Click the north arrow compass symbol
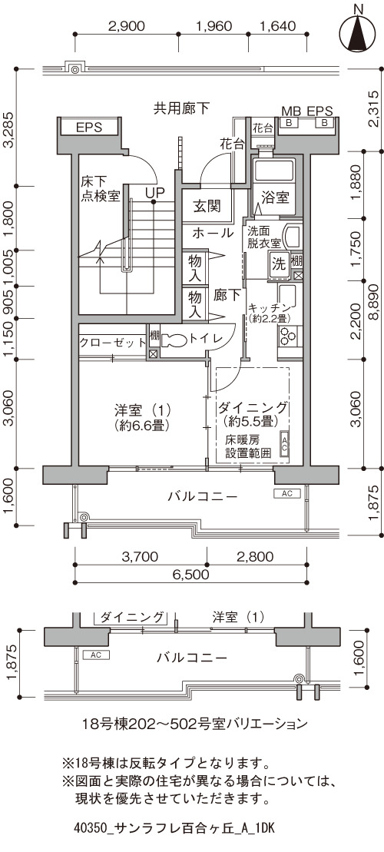click(357, 31)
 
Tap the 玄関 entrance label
click(207, 206)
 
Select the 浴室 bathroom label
click(275, 197)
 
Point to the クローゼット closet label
click(113, 343)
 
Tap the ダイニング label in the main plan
click(253, 407)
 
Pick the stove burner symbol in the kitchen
click(286, 336)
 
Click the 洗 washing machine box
click(279, 264)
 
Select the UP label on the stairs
click(154, 192)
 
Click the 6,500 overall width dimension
click(192, 575)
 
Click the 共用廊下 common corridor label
click(181, 108)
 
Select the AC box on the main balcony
click(287, 493)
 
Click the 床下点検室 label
click(101, 188)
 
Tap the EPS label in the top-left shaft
click(89, 128)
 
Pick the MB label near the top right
click(290, 111)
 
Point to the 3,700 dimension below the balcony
click(140, 557)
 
